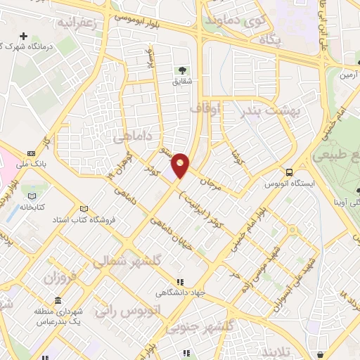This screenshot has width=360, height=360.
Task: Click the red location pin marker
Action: pos(181,165)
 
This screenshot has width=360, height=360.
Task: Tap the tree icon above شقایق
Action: pos(181,70)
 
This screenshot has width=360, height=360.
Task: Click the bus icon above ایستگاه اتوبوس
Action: pos(289,172)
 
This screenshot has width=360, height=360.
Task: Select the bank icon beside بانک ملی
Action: pos(31,153)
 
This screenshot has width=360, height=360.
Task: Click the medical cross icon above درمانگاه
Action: pos(25,36)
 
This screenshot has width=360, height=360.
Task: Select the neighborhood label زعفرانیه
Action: pos(83,22)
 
